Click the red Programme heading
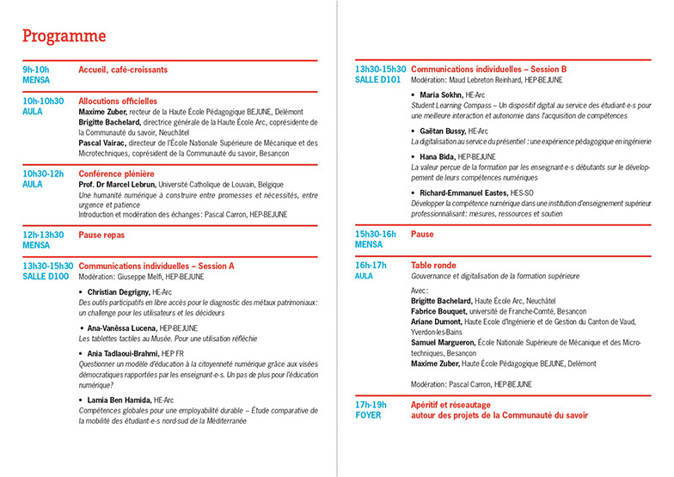pos(64,36)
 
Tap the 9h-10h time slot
pos(37,70)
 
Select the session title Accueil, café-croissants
pos(123,70)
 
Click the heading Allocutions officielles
pos(118,101)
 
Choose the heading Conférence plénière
pos(114,174)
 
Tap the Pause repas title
pos(101,234)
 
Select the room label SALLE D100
pos(46,277)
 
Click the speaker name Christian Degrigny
pos(118,292)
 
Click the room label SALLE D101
pos(378,79)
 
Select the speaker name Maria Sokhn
pos(441,95)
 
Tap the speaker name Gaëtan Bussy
pos(444,131)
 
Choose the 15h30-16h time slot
pos(376,234)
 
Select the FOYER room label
pos(369,415)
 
